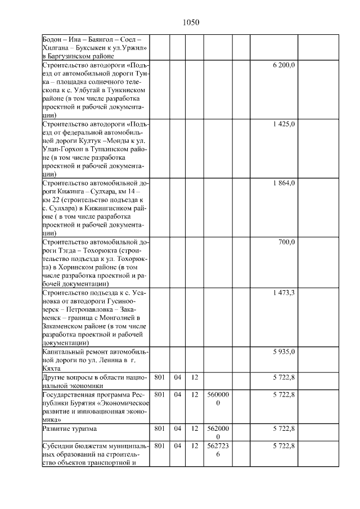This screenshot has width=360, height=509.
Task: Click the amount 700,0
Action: (287, 242)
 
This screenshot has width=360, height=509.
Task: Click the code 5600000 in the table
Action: (218, 399)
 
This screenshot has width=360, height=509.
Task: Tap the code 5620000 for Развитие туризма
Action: (218, 433)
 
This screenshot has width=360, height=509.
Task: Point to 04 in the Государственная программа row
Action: (177, 395)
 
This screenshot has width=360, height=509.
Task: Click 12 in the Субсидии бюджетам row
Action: (194, 446)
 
